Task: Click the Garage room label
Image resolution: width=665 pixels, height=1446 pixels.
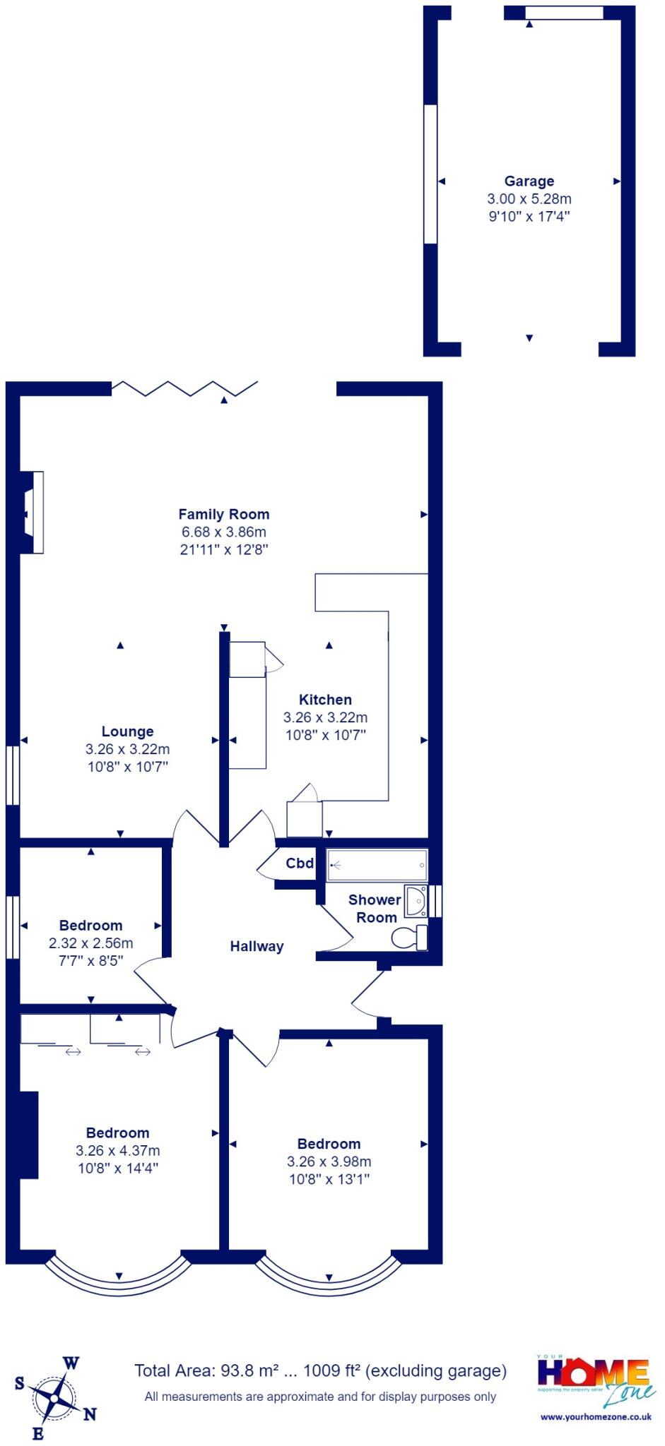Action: point(529,181)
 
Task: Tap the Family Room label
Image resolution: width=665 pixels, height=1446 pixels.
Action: point(223,515)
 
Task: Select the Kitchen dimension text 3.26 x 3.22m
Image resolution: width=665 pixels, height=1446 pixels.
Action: point(325,717)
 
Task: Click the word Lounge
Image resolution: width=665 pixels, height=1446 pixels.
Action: point(127,731)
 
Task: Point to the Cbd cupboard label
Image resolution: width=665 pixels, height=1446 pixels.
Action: point(300,863)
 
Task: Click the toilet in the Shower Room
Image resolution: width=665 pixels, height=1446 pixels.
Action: point(409,938)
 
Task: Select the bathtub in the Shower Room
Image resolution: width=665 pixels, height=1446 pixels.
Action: point(377,864)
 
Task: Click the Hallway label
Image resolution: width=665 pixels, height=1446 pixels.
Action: point(257,946)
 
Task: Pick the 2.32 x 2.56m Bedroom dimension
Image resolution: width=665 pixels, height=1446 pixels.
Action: point(90,943)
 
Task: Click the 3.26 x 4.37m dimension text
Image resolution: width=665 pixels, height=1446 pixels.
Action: point(117,1151)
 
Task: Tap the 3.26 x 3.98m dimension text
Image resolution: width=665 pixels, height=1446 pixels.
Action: point(329,1161)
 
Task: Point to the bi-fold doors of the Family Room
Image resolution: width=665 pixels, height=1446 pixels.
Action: point(184,388)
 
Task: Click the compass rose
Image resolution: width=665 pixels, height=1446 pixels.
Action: point(54,1398)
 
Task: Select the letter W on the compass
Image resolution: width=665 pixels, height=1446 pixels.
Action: point(71,1363)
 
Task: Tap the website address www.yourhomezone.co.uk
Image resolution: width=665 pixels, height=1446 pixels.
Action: point(596,1416)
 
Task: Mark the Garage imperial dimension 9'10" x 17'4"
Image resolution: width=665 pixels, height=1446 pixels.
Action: point(529,217)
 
